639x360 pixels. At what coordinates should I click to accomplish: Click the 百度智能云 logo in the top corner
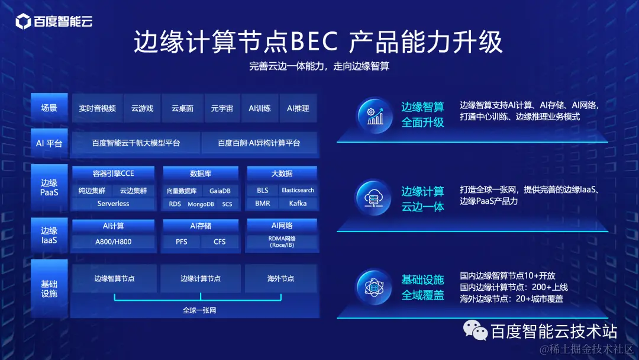tap(54, 22)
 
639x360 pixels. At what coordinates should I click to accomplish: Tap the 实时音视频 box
tap(97, 108)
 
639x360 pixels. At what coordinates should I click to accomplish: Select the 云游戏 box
tap(142, 108)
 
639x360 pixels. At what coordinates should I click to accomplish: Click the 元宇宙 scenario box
tap(222, 108)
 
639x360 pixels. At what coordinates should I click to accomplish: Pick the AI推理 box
tap(298, 108)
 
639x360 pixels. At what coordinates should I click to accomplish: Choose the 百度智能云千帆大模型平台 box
tap(135, 143)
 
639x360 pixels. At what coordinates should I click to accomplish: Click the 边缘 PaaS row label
tap(49, 187)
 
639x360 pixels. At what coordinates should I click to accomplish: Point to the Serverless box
tap(113, 204)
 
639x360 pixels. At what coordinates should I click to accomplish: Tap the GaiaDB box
tap(220, 191)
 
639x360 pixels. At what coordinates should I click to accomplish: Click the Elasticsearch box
tap(298, 191)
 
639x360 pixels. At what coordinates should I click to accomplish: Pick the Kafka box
tap(298, 204)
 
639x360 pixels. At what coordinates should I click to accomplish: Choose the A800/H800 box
tap(113, 242)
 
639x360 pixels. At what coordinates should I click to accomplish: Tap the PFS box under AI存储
tap(182, 242)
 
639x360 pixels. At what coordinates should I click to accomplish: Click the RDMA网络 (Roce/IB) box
tap(282, 242)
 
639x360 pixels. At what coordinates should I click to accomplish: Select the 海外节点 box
tap(280, 278)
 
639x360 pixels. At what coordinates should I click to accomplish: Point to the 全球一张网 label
tap(199, 310)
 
